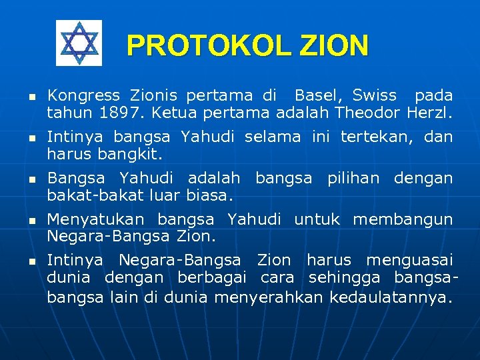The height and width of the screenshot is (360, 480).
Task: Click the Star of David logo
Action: pyautogui.click(x=79, y=43)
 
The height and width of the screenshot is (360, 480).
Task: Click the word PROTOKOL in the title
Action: pyautogui.click(x=207, y=46)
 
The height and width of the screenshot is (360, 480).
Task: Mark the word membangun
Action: pyautogui.click(x=403, y=219)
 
